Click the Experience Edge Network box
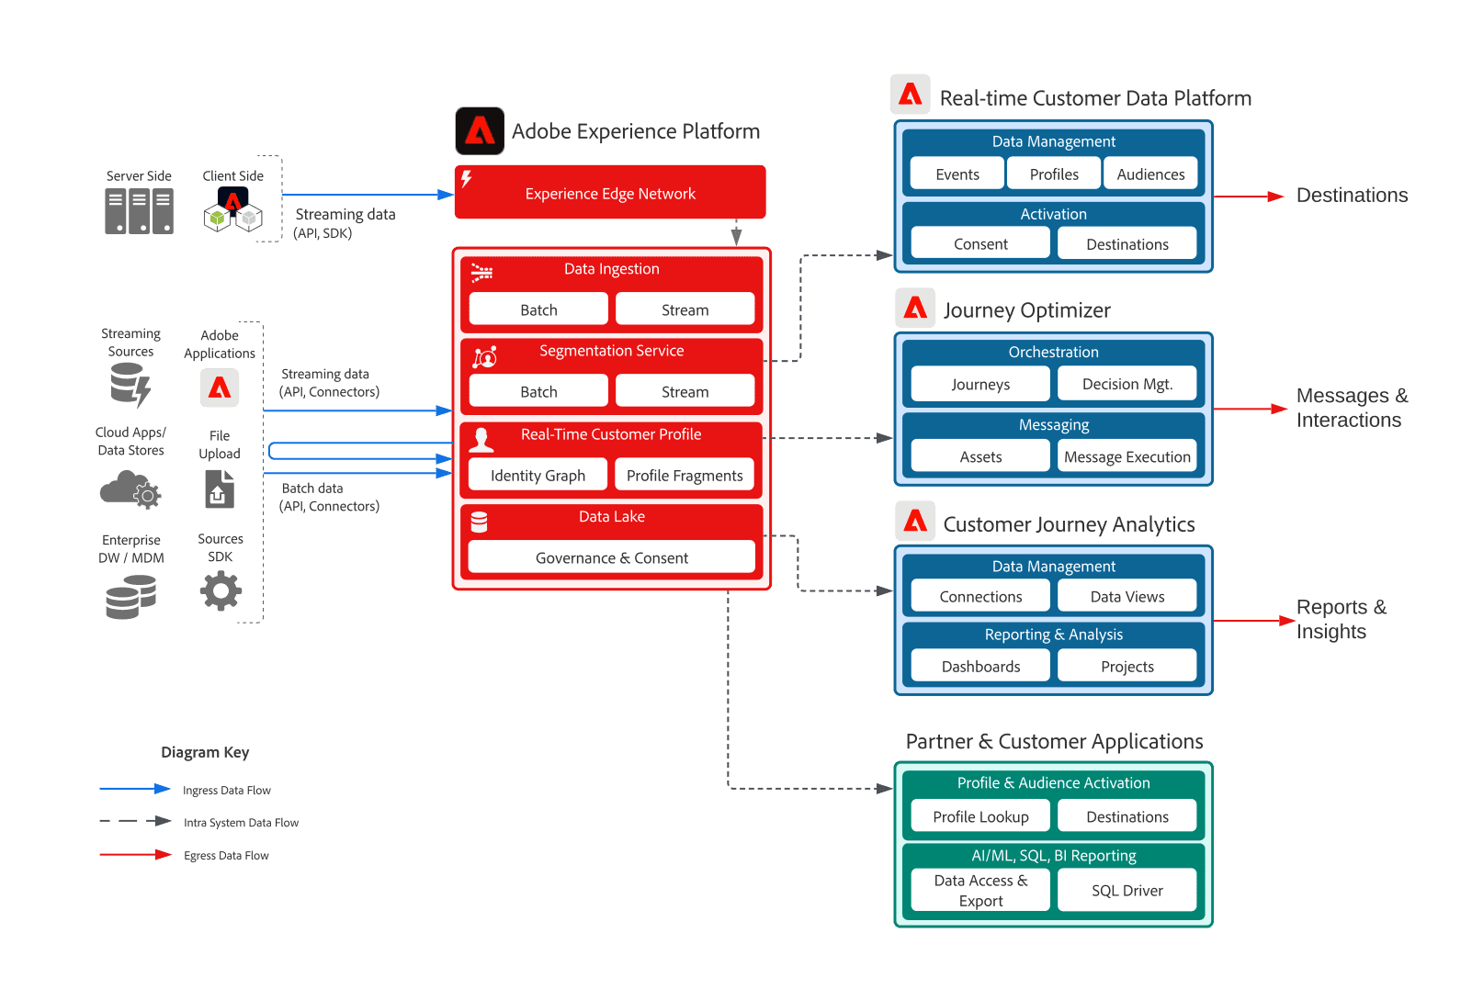pyautogui.click(x=609, y=193)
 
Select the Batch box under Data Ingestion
pyautogui.click(x=538, y=309)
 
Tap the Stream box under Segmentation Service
pyautogui.click(x=685, y=391)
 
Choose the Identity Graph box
pyautogui.click(x=538, y=475)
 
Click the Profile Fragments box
pyautogui.click(x=685, y=475)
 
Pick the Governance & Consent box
pyautogui.click(x=611, y=557)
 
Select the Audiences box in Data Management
pyautogui.click(x=1150, y=174)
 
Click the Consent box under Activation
pyautogui.click(x=980, y=243)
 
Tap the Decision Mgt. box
pyautogui.click(x=1127, y=384)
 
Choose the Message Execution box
pyautogui.click(x=1127, y=456)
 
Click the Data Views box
pyautogui.click(x=1127, y=596)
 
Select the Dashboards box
pyautogui.click(x=980, y=666)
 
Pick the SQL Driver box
pyautogui.click(x=1127, y=890)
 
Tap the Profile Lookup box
pyautogui.click(x=980, y=816)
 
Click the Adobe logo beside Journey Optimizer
pyautogui.click(x=915, y=308)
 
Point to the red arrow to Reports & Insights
pyautogui.click(x=1254, y=622)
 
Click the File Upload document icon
pyautogui.click(x=220, y=489)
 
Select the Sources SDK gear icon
pyautogui.click(x=221, y=590)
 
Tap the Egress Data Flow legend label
pyautogui.click(x=226, y=856)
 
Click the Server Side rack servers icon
pyautogui.click(x=139, y=211)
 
